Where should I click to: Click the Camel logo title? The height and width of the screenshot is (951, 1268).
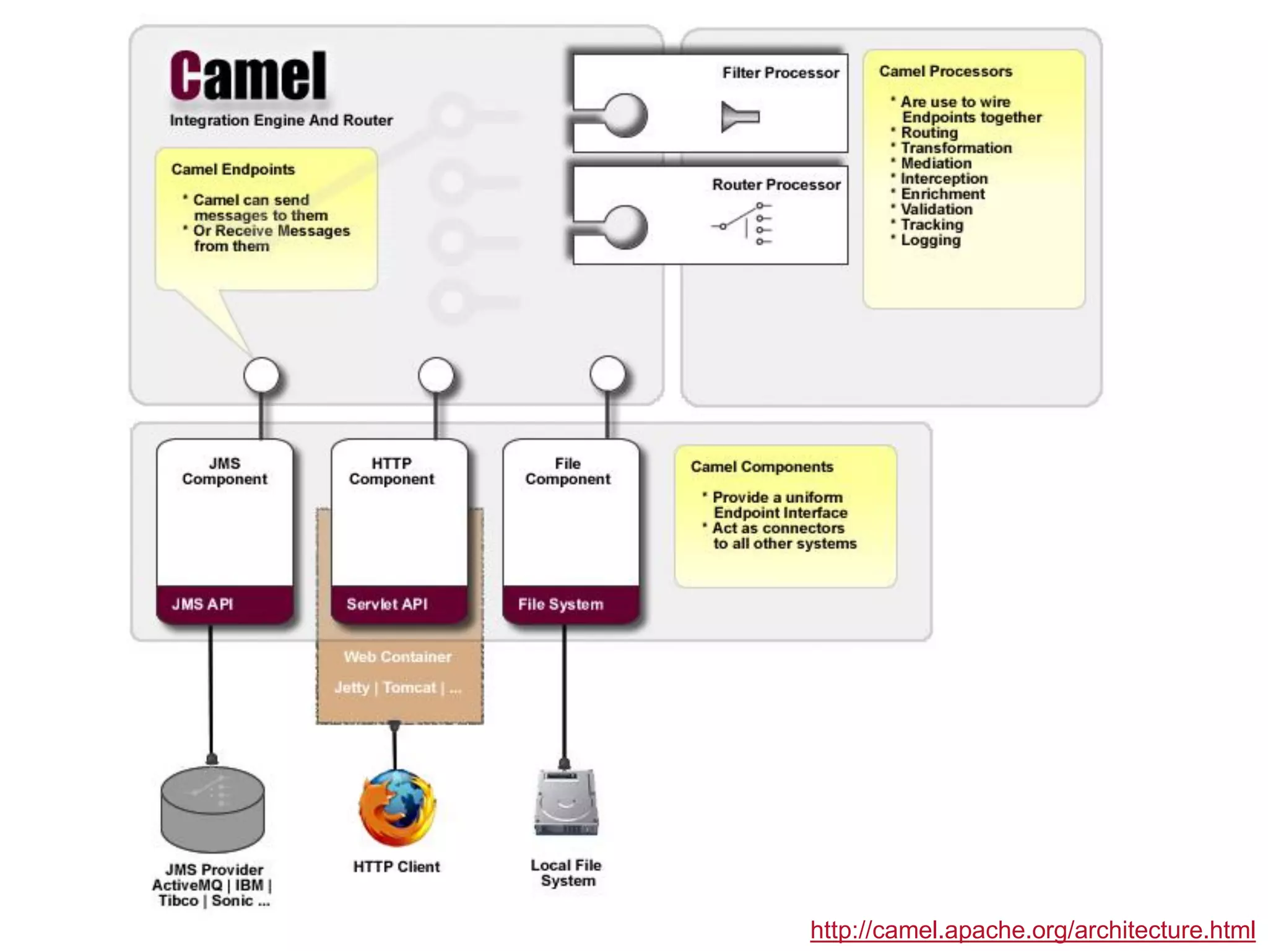click(248, 76)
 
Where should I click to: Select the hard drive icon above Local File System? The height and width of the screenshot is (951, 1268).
click(566, 802)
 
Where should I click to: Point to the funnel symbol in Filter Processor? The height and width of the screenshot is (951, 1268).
click(739, 116)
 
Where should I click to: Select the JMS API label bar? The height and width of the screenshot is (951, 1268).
click(224, 604)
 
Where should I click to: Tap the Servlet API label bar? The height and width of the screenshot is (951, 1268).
click(399, 604)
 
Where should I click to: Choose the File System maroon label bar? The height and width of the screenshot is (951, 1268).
click(570, 604)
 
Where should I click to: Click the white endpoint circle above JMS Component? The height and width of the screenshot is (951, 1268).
click(261, 375)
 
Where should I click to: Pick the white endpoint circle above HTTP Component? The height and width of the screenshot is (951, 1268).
click(436, 375)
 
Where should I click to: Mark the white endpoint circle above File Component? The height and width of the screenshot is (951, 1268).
click(607, 374)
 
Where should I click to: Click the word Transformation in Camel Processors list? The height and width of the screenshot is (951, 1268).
click(956, 148)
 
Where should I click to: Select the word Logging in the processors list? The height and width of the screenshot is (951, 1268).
click(931, 240)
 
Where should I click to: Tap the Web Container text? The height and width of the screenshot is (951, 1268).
click(397, 656)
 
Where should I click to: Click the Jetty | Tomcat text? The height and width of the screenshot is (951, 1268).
click(397, 687)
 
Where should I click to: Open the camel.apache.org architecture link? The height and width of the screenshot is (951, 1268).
click(1032, 930)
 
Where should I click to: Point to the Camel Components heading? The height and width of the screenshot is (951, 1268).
click(762, 467)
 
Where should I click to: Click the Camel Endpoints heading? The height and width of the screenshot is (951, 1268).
click(233, 170)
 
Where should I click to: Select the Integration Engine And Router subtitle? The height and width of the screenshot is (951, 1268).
click(281, 120)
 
